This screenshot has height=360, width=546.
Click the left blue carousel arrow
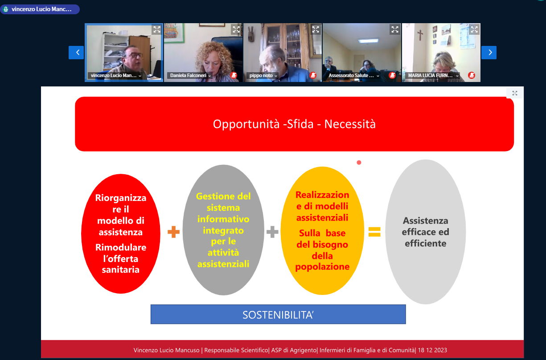[x=76, y=53]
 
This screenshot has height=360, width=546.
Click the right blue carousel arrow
[x=489, y=53]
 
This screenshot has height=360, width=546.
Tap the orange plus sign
[x=173, y=232]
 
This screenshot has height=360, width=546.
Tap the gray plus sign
[x=272, y=232]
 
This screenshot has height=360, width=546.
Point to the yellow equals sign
[x=374, y=232]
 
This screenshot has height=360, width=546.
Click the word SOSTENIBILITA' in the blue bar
[x=278, y=315]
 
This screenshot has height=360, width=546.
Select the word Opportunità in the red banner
[x=246, y=124]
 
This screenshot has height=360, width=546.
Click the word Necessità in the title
[x=350, y=124]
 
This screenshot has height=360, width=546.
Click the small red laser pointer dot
[x=359, y=163]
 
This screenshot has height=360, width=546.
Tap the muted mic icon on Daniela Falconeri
[x=234, y=75]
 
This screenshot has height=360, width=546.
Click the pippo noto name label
[x=261, y=76]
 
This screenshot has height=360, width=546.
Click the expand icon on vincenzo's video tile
[x=157, y=29]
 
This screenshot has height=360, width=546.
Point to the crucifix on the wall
[x=420, y=35]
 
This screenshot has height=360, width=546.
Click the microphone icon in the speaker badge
[x=6, y=9]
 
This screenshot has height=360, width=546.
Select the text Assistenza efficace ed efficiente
[x=425, y=232]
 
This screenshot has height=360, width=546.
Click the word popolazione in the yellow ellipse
[x=322, y=267]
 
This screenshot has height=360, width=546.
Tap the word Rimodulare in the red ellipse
[x=121, y=247]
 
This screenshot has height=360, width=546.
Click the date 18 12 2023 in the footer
[x=432, y=350]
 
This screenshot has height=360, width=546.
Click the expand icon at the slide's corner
[x=514, y=93]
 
